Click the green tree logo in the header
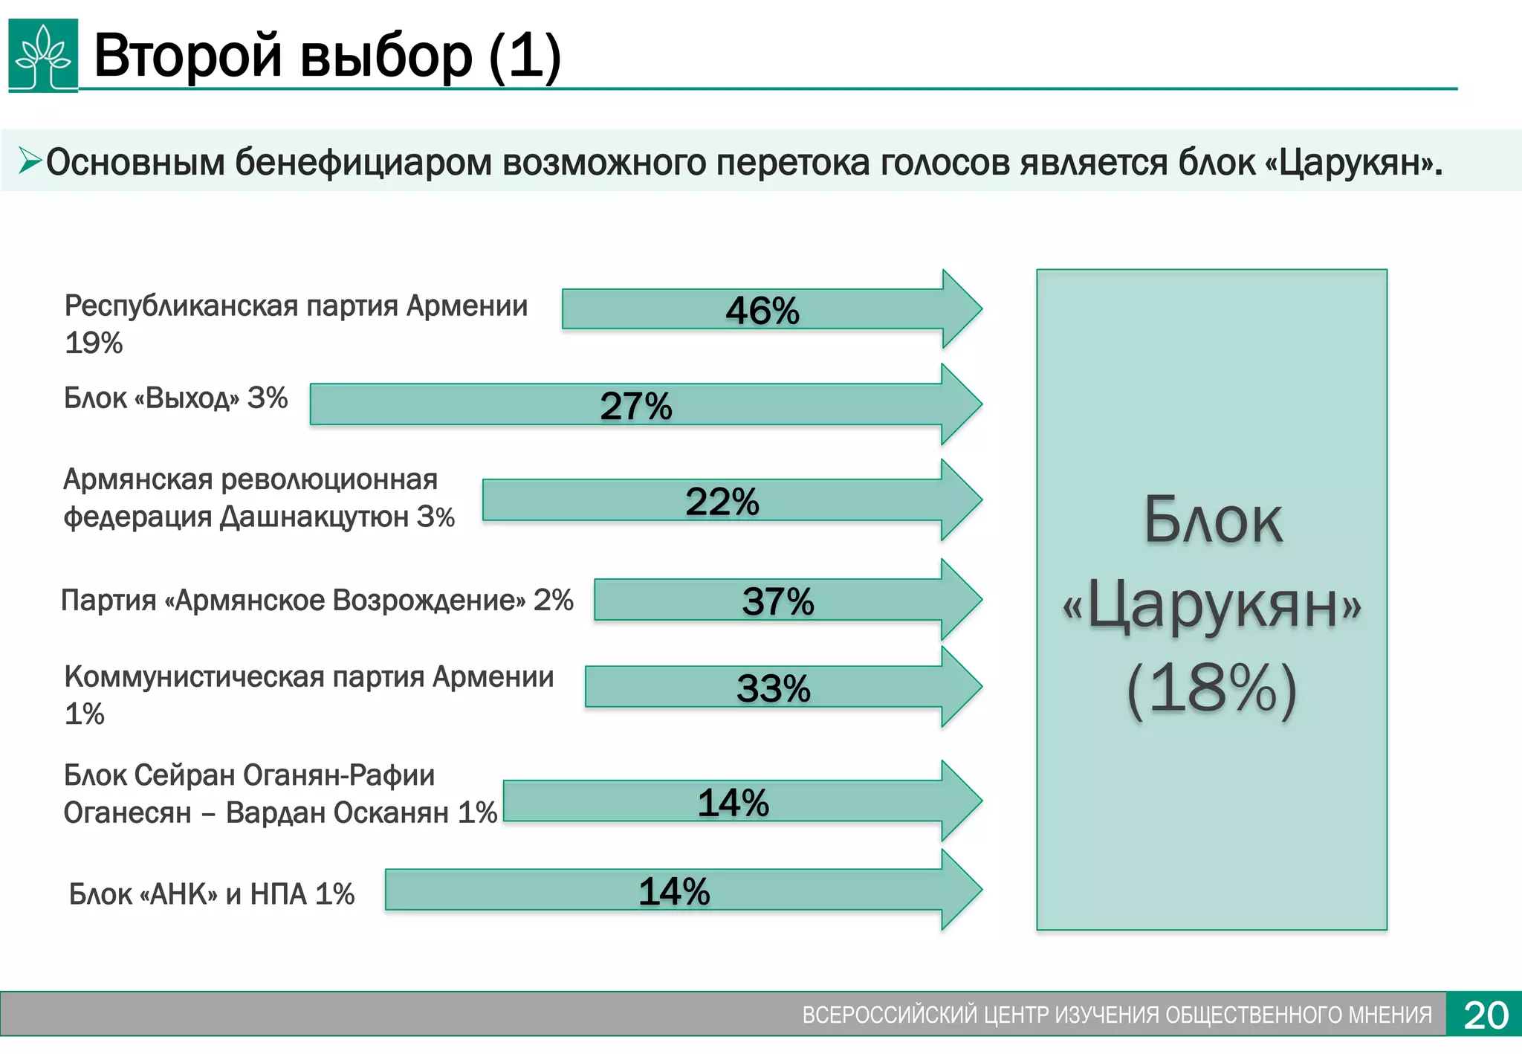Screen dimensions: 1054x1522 [x=43, y=56]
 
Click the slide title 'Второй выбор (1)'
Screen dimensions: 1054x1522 [x=327, y=56]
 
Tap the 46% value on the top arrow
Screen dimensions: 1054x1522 [x=762, y=311]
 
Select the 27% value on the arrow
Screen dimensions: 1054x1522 [x=636, y=406]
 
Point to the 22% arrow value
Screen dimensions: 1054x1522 [x=722, y=502]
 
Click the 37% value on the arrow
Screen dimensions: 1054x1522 [x=778, y=601]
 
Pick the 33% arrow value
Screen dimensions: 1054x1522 [x=774, y=688]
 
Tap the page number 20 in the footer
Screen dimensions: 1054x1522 [x=1486, y=1015]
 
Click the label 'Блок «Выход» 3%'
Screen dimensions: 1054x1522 [x=175, y=398]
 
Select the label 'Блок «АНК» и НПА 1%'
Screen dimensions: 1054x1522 [x=212, y=894]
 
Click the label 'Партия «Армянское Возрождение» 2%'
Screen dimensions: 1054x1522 [x=317, y=601]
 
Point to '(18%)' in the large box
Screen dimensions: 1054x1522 [x=1212, y=689]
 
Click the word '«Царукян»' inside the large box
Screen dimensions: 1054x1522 [x=1212, y=606]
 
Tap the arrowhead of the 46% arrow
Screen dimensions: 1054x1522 [x=962, y=308]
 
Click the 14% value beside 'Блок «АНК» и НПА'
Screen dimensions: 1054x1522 [x=675, y=891]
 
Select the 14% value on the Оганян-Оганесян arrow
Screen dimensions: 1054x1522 [x=734, y=803]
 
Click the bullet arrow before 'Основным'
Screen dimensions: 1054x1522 [x=30, y=161]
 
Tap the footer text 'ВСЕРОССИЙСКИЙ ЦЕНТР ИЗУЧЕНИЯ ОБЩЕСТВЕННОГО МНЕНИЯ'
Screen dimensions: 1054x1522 [x=1117, y=1015]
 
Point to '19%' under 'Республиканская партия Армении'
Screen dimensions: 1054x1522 [x=94, y=343]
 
